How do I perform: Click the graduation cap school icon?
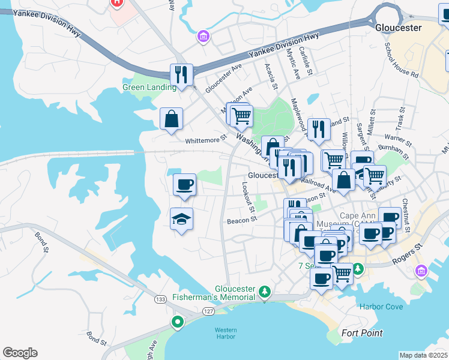click(x=182, y=220)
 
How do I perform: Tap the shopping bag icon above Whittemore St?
click(x=172, y=118)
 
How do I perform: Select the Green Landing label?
click(x=149, y=87)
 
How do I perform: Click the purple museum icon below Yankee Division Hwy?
click(x=203, y=38)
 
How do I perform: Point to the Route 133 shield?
click(x=160, y=299)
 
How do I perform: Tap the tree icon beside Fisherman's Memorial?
click(x=265, y=292)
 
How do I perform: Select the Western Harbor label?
click(x=226, y=333)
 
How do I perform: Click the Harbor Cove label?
click(x=381, y=307)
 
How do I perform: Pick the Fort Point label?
click(x=362, y=333)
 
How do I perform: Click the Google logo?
click(x=20, y=353)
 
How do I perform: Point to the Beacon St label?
click(x=242, y=220)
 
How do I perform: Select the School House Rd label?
click(x=402, y=60)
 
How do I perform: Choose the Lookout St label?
click(x=249, y=197)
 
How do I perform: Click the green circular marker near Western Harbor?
click(x=178, y=322)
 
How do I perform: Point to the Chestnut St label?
click(x=406, y=215)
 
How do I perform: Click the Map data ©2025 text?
click(x=423, y=355)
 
